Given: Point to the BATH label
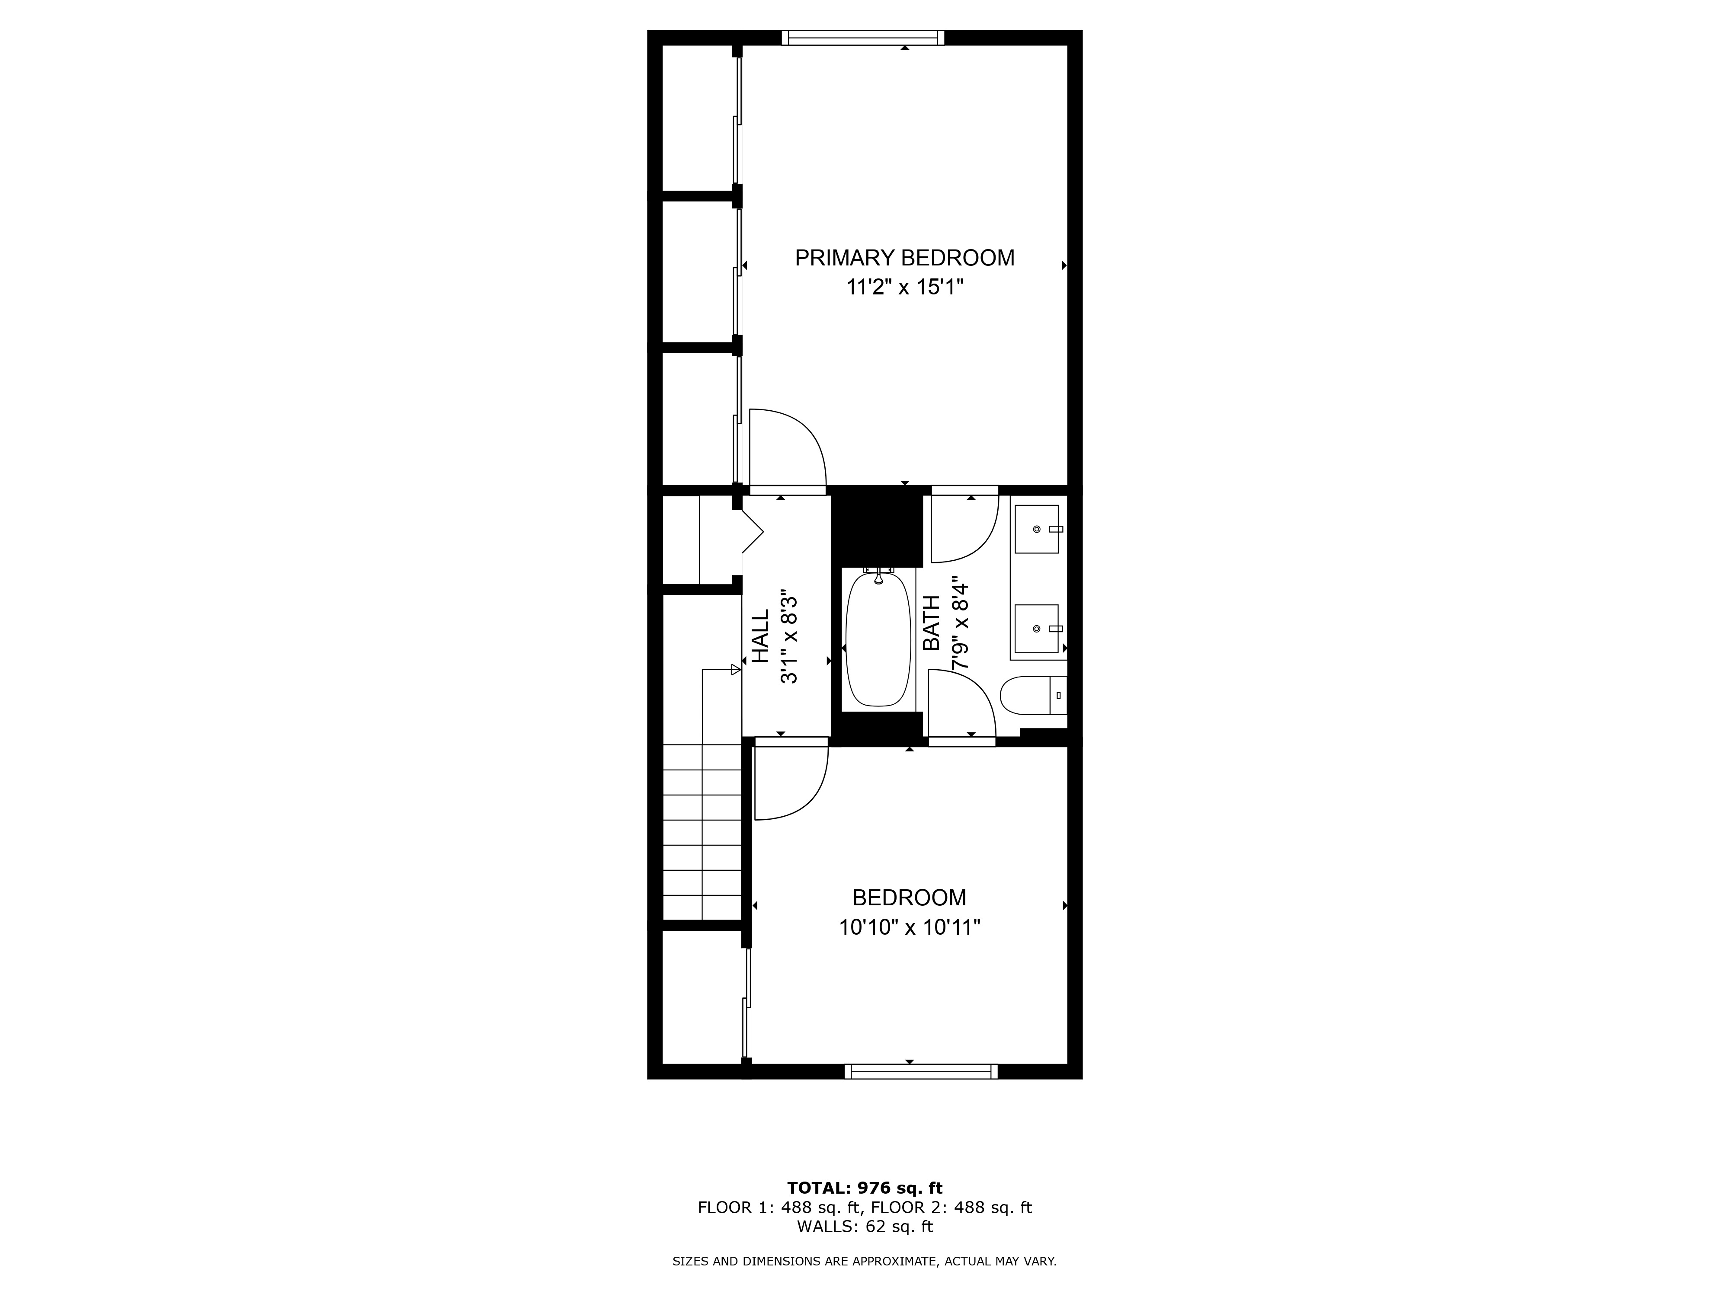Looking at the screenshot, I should pyautogui.click(x=932, y=623).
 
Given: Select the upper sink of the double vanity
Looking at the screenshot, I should pyautogui.click(x=1036, y=529).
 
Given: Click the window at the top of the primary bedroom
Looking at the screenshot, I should pyautogui.click(x=863, y=38).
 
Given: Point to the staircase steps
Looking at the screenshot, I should pyautogui.click(x=702, y=833).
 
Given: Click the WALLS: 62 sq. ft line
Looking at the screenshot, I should pyautogui.click(x=864, y=1227).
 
